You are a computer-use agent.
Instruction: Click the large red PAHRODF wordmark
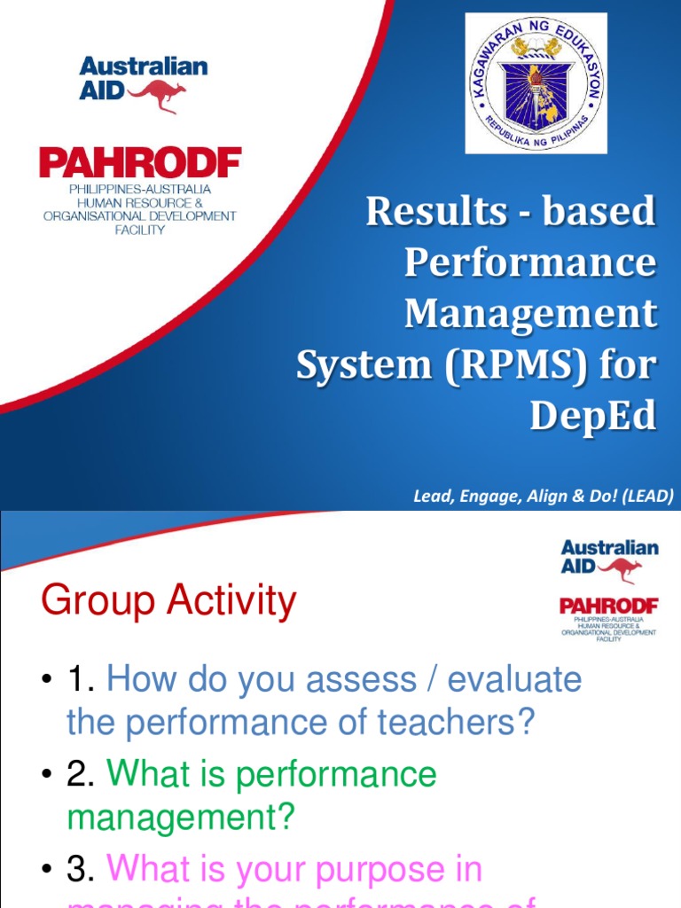coord(140,164)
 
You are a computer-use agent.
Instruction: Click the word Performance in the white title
coord(530,262)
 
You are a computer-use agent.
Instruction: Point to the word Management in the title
coord(530,314)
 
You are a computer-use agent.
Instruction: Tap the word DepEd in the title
coord(593,417)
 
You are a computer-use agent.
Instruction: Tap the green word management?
coord(180,817)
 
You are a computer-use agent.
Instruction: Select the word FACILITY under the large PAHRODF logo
coord(140,230)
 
